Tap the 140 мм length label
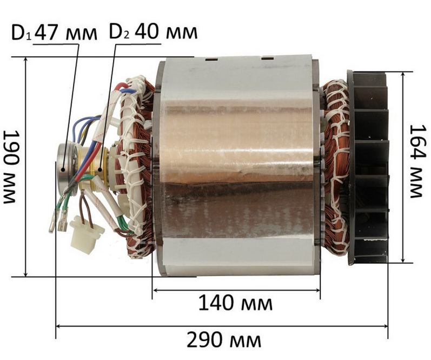[x=235, y=303]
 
